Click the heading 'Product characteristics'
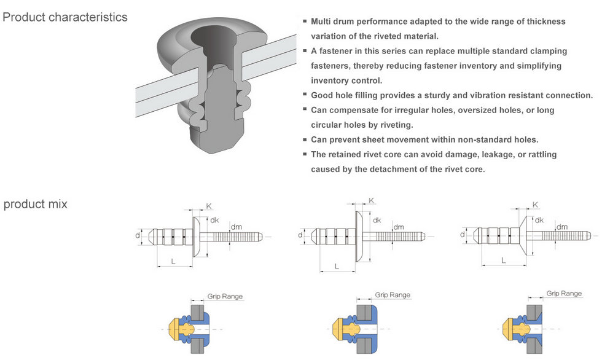(x=65, y=17)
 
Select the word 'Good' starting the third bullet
(x=322, y=95)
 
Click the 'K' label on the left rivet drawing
(x=209, y=206)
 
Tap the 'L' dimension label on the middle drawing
(x=337, y=266)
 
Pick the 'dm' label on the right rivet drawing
(x=562, y=227)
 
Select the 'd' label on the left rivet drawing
(x=138, y=235)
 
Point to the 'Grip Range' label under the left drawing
(x=224, y=297)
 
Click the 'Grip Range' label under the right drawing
(x=564, y=294)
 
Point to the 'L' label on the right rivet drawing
(x=504, y=260)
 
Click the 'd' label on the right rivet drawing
(x=462, y=234)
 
